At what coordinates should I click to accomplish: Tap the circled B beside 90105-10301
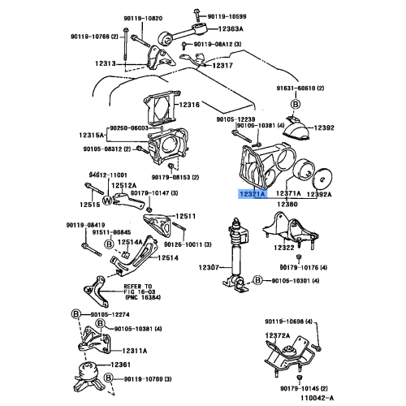click(257, 280)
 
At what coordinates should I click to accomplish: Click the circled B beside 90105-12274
click(76, 313)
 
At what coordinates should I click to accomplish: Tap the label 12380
click(288, 206)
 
